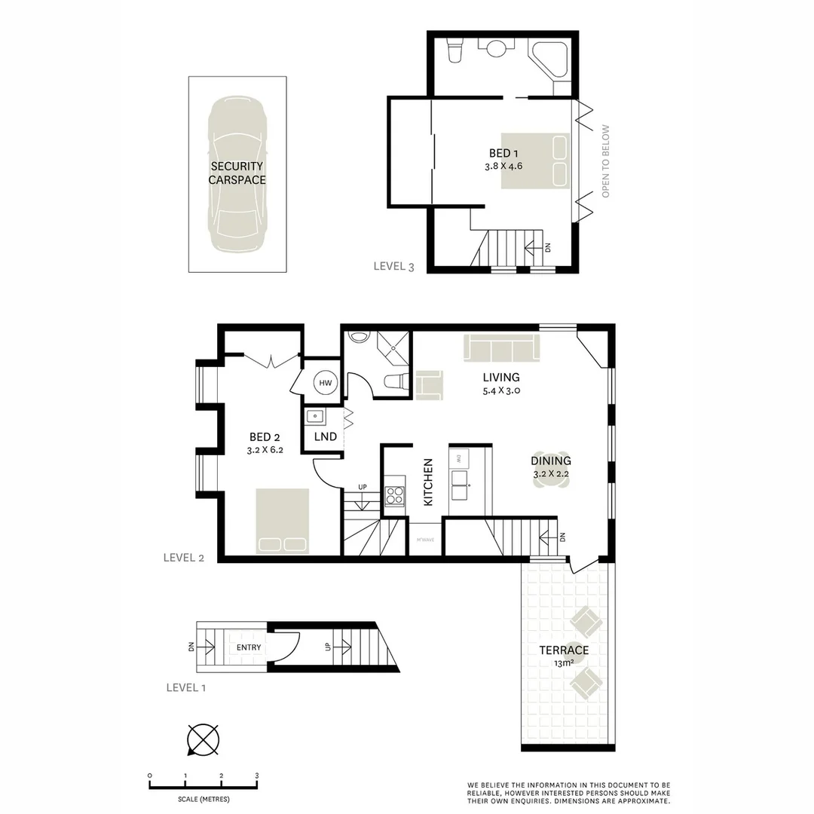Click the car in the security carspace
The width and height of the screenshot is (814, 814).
pyautogui.click(x=237, y=174)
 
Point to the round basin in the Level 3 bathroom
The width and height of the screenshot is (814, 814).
pyautogui.click(x=497, y=49)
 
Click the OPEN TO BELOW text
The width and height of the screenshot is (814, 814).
pyautogui.click(x=605, y=161)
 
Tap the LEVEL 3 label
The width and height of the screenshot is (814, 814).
pyautogui.click(x=394, y=266)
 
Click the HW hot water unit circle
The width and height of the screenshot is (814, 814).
pyautogui.click(x=326, y=384)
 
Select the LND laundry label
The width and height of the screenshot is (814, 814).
pyautogui.click(x=325, y=437)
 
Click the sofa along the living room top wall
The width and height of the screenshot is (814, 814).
pyautogui.click(x=502, y=347)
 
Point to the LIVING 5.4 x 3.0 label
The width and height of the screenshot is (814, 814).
pyautogui.click(x=501, y=384)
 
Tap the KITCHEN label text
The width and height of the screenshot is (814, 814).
pyautogui.click(x=427, y=482)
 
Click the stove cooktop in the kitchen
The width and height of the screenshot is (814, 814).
pyautogui.click(x=394, y=495)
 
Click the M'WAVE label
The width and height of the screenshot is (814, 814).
pyautogui.click(x=424, y=540)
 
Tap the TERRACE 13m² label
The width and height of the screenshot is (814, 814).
pyautogui.click(x=563, y=656)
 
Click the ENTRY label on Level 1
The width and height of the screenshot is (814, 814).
pyautogui.click(x=249, y=647)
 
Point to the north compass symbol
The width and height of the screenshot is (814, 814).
pyautogui.click(x=203, y=739)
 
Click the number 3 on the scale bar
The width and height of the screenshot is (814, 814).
pyautogui.click(x=257, y=776)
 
